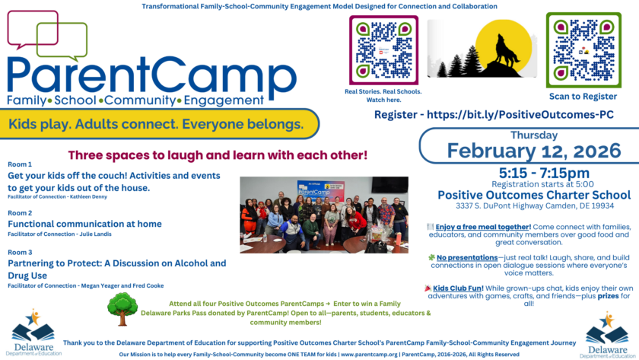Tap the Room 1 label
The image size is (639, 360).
tap(20, 164)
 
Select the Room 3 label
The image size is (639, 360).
tap(20, 252)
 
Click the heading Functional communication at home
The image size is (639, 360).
tap(84, 224)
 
